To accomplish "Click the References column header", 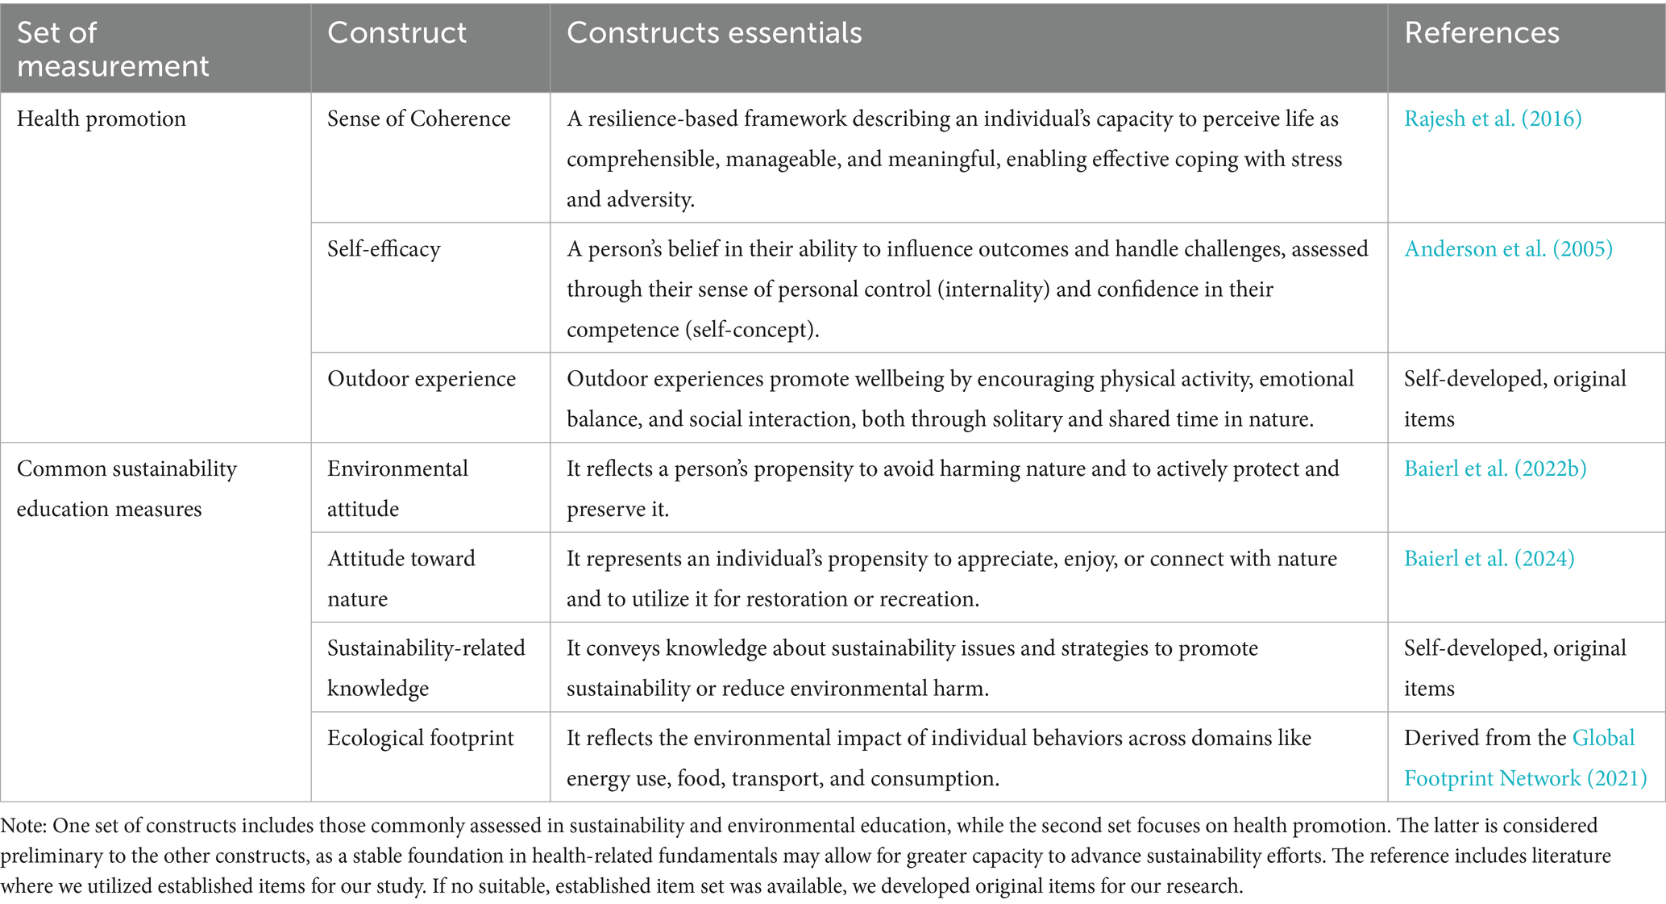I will pyautogui.click(x=1481, y=33).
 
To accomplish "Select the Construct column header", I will pyautogui.click(x=397, y=33).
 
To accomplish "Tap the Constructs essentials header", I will pyautogui.click(x=714, y=33).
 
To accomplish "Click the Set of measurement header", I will pyautogui.click(x=112, y=49).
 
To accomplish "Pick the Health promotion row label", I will pyautogui.click(x=101, y=119).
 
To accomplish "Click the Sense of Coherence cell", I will pyautogui.click(x=418, y=119).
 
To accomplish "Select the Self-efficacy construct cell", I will pyautogui.click(x=384, y=248).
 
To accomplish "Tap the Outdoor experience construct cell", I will pyautogui.click(x=421, y=378).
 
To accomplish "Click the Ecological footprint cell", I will pyautogui.click(x=420, y=738).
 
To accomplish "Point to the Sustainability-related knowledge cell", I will pyautogui.click(x=426, y=668).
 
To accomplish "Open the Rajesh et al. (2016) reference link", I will pyautogui.click(x=1493, y=119).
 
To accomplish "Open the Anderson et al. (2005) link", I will pyautogui.click(x=1508, y=248).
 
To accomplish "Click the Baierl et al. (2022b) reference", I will pyautogui.click(x=1495, y=469).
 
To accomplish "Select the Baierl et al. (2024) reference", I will pyautogui.click(x=1489, y=558).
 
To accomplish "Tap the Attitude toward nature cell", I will pyautogui.click(x=401, y=578).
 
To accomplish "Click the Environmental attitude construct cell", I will pyautogui.click(x=397, y=489).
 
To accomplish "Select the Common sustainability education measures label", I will pyautogui.click(x=127, y=489).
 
